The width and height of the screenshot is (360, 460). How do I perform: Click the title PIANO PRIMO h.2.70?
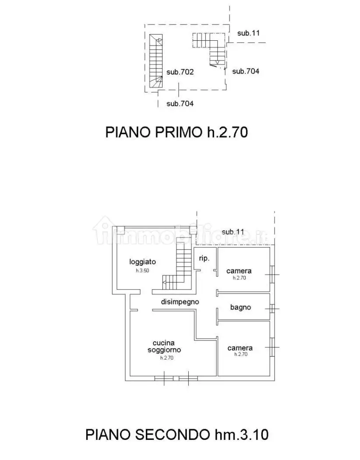(176, 132)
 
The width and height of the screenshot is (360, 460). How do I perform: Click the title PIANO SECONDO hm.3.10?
(176, 435)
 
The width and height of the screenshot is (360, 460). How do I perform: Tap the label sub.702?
(180, 72)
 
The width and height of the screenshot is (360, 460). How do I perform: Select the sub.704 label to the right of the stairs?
(245, 71)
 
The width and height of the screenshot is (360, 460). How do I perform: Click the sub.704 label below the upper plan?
(180, 104)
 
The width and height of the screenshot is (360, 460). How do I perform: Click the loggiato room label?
(142, 262)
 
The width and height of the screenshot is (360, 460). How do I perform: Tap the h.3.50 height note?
(142, 271)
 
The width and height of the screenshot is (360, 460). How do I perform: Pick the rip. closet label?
(204, 258)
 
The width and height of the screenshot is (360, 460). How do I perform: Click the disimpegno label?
(180, 301)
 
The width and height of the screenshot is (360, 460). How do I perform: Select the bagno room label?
(240, 307)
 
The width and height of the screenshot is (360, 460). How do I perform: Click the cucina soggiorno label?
(164, 347)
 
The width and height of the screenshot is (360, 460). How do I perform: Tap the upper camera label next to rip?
(239, 271)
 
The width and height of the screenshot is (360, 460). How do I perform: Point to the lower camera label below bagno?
(240, 348)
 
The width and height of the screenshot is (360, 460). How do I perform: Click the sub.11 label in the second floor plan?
(233, 232)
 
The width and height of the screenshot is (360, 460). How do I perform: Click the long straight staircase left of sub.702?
(155, 61)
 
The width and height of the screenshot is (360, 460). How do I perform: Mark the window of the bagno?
(273, 308)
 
